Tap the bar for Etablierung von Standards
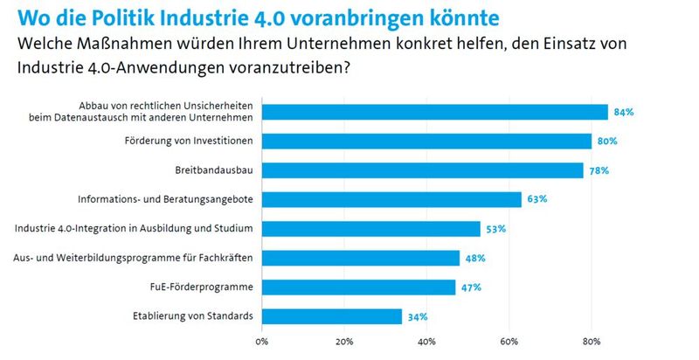331,316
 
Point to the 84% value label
623,112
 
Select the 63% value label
536,199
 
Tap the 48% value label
474,258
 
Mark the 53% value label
495,229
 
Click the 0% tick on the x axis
261,341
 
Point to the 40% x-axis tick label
427,341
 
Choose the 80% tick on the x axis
592,341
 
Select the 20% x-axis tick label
344,341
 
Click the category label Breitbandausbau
216,170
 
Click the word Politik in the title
142,17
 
